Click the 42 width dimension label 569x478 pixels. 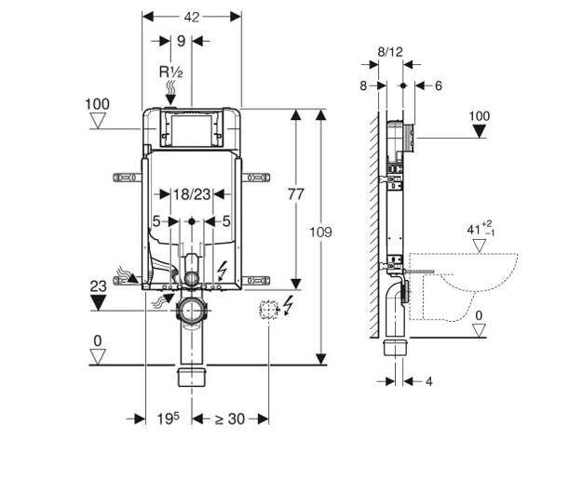(192, 17)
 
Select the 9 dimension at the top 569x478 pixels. (181, 41)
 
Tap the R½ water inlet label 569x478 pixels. (171, 73)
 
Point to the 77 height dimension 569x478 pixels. (296, 194)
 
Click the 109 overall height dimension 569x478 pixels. (320, 232)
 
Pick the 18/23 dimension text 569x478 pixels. (191, 194)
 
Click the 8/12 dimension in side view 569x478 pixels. (390, 52)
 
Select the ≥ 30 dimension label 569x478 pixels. (230, 418)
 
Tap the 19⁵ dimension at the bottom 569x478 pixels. (168, 418)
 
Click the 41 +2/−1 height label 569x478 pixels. (481, 229)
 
